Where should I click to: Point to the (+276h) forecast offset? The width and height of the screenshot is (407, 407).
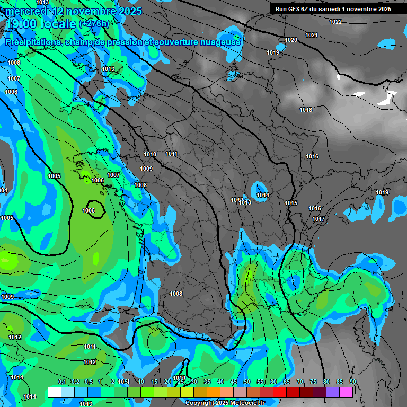(x=94, y=23)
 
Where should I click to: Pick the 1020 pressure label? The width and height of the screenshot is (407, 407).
(x=290, y=40)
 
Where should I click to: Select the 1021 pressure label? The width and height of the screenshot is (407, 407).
(x=312, y=35)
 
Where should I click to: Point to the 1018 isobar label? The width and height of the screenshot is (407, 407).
(x=305, y=110)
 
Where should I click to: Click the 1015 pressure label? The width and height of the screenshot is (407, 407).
(x=290, y=203)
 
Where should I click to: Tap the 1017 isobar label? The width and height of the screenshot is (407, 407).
(x=318, y=219)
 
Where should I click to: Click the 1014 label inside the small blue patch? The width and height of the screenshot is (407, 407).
(x=263, y=195)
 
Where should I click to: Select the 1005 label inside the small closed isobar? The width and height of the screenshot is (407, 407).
(x=89, y=210)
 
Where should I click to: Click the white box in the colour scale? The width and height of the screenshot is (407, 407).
(x=54, y=392)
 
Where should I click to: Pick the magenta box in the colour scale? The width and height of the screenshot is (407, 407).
(x=346, y=392)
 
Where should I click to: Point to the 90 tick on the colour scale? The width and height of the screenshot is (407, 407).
(x=352, y=382)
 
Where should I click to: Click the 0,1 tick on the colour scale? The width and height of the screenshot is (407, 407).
(x=61, y=382)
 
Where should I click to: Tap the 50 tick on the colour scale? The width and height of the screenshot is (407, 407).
(x=246, y=382)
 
